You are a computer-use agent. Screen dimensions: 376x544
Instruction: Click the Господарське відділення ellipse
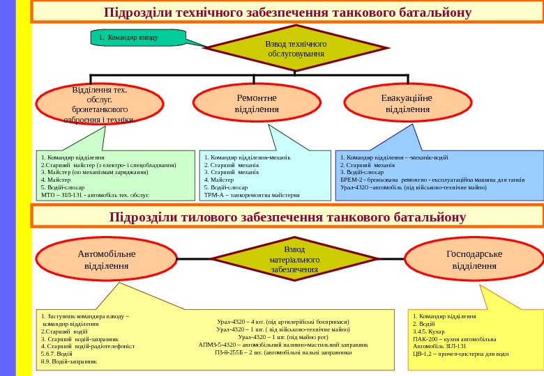pyautogui.click(x=474, y=259)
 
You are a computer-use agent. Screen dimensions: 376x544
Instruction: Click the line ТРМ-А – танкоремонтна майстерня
pyautogui.click(x=252, y=195)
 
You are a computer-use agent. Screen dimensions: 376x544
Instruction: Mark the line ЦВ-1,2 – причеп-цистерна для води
pyautogui.click(x=460, y=353)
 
